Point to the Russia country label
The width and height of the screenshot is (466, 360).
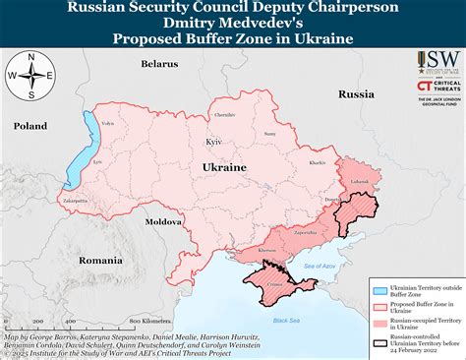click(355, 93)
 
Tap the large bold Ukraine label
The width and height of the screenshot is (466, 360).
click(224, 168)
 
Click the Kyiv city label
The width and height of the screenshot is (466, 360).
click(211, 143)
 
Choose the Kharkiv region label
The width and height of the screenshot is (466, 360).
click(317, 161)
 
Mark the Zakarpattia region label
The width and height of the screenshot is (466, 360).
click(75, 200)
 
